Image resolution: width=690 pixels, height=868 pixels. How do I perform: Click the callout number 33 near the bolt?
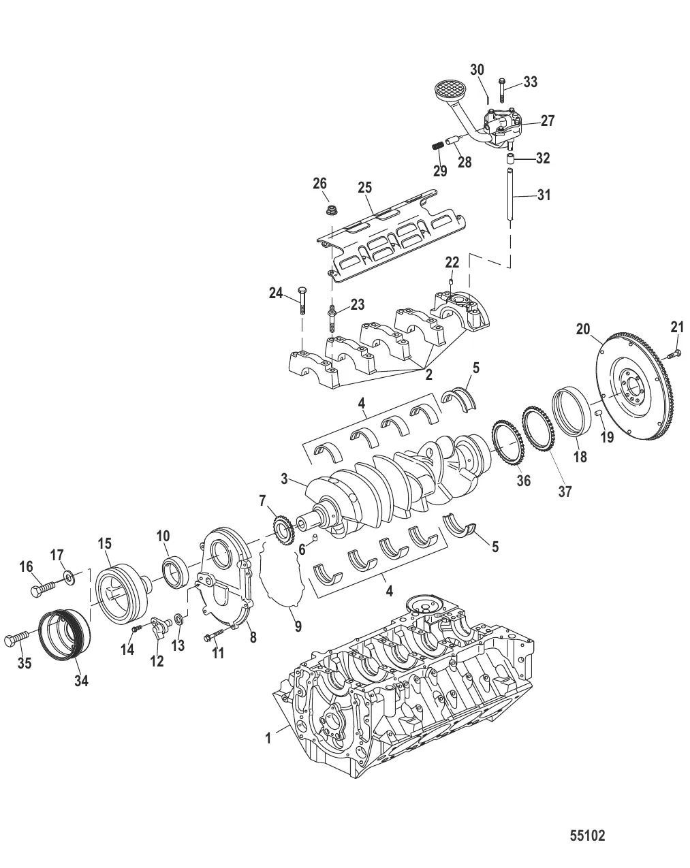(530, 82)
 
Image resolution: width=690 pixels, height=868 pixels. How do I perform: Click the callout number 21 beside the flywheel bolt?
(676, 327)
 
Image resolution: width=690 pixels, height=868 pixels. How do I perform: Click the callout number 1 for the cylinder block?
(268, 737)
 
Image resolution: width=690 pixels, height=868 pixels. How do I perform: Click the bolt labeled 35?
(17, 640)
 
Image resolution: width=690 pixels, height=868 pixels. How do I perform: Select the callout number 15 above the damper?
(104, 543)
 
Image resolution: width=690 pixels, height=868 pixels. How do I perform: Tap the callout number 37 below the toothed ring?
(565, 491)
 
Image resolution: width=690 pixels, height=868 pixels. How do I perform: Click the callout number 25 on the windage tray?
(365, 186)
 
